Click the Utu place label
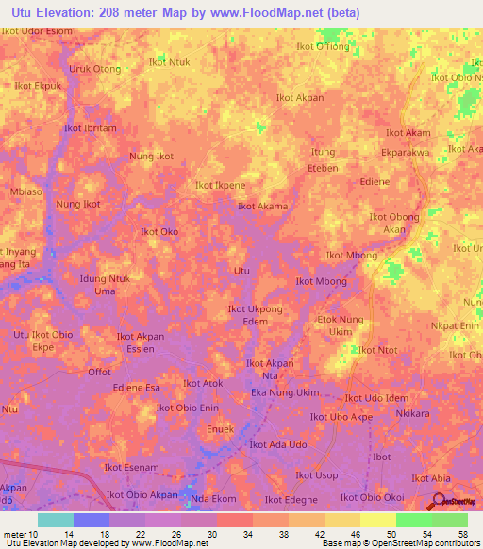241,271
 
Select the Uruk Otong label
94,69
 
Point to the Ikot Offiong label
320,47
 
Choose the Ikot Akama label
262,207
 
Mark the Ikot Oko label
159,231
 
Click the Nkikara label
413,413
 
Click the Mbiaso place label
26,191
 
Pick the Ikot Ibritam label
90,128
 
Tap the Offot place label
99,372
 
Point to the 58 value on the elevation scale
463,533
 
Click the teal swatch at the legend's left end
56,520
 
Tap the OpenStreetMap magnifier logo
440,503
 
